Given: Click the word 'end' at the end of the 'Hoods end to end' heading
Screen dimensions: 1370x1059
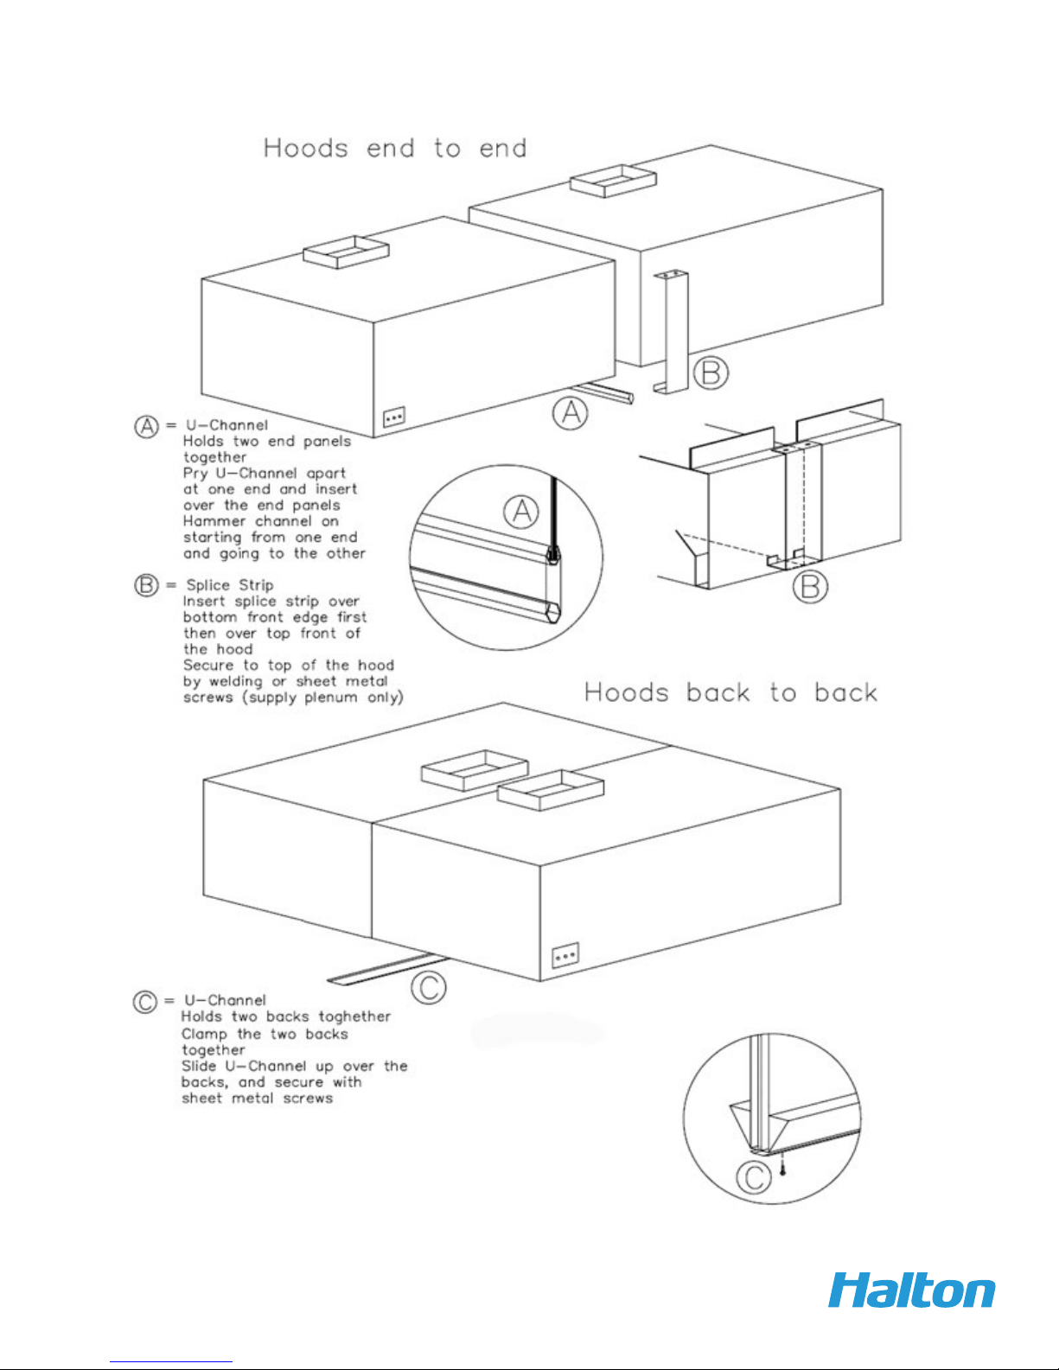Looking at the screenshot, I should click(x=503, y=149).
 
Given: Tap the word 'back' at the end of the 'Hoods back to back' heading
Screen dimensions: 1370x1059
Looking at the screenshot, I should click(x=845, y=693).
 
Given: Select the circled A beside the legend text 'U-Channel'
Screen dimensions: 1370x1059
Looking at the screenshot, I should click(x=147, y=426).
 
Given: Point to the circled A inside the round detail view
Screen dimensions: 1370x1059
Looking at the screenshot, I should click(x=521, y=512).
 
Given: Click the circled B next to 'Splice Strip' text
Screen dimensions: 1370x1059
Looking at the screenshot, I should click(x=147, y=586).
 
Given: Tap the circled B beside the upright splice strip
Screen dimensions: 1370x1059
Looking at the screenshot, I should click(x=711, y=373).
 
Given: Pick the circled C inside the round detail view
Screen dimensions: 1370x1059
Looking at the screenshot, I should click(x=754, y=1177).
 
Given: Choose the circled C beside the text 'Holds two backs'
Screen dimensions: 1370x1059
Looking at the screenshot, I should click(x=145, y=1002).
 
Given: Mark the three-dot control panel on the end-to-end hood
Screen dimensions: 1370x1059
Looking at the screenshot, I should click(x=394, y=417).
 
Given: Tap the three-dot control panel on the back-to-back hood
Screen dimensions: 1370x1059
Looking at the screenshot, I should click(x=565, y=956).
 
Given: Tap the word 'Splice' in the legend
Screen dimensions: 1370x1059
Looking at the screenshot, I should click(x=209, y=586).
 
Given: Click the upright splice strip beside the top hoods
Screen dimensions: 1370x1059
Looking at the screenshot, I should click(x=670, y=333).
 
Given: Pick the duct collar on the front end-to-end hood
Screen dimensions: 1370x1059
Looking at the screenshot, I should click(x=346, y=252).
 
